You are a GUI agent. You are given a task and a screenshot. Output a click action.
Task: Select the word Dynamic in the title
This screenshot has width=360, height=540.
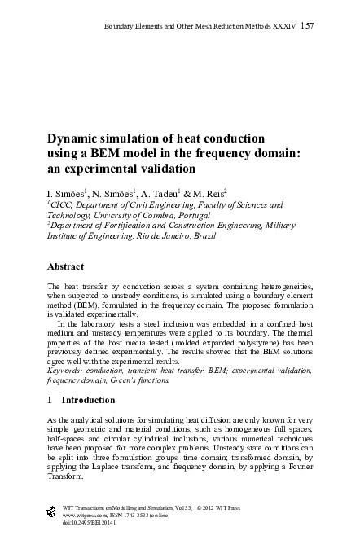coord(75,138)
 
